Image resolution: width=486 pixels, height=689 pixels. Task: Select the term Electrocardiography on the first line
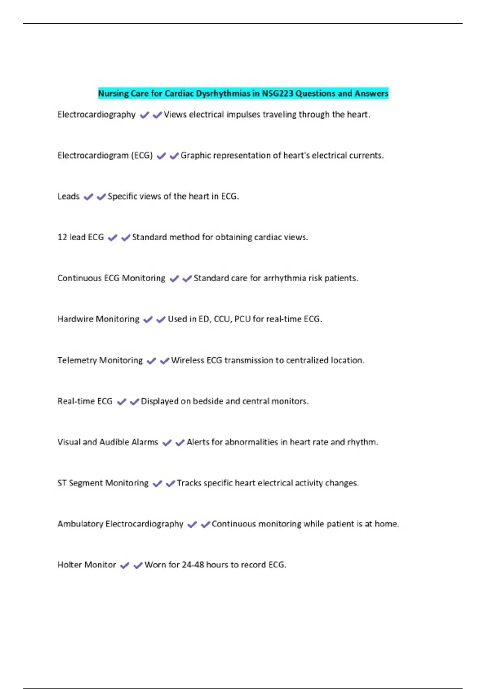[x=96, y=115]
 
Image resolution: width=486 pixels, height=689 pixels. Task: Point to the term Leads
[x=68, y=197]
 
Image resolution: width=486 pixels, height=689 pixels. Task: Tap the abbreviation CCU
[x=222, y=319]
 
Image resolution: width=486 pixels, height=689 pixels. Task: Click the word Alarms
[x=145, y=442]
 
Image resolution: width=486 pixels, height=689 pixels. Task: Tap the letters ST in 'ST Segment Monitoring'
[x=62, y=483]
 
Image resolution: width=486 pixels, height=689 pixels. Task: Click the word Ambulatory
[x=80, y=524]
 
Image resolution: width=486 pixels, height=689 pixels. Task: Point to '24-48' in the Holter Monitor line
[x=193, y=565]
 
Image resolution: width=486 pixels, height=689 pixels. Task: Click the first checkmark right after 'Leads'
[x=88, y=197]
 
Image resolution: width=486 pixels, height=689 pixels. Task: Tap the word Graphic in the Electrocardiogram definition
[x=196, y=156]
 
